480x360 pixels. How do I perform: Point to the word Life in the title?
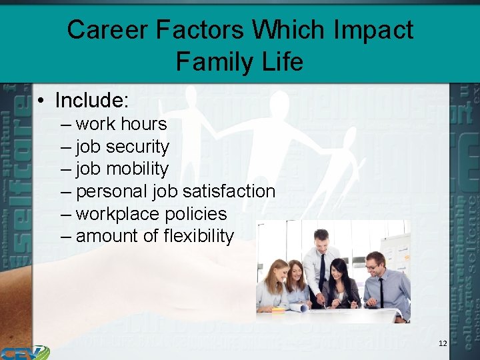281,62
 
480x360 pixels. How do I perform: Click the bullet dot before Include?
41,101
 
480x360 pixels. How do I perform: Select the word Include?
91,101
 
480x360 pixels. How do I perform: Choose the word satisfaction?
229,191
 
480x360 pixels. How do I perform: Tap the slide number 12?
443,343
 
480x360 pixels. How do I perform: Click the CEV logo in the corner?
25,352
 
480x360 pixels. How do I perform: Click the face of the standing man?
322,239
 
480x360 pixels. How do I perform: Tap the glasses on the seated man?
372,266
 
